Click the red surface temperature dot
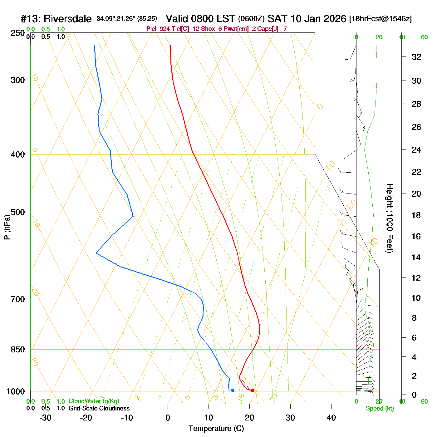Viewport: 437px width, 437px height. [x=253, y=390]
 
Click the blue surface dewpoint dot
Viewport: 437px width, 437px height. [x=233, y=390]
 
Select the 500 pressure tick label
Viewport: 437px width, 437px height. [x=18, y=212]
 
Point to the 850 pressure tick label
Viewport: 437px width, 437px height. [x=18, y=350]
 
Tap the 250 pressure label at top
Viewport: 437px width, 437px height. [x=18, y=33]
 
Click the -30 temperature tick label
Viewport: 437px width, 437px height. [x=45, y=418]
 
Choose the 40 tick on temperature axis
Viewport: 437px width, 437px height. [x=331, y=418]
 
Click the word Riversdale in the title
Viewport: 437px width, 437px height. [x=67, y=19]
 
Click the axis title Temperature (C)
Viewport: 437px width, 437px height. [x=216, y=429]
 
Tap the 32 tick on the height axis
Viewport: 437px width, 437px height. [x=416, y=57]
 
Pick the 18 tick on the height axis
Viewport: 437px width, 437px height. [x=416, y=215]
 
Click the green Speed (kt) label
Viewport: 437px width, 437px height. [x=380, y=409]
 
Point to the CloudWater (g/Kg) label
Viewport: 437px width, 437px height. [x=94, y=401]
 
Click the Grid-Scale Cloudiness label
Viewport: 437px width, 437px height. [x=99, y=408]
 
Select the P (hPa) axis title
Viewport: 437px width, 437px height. [x=7, y=228]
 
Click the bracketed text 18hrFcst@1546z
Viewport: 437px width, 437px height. [x=381, y=19]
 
